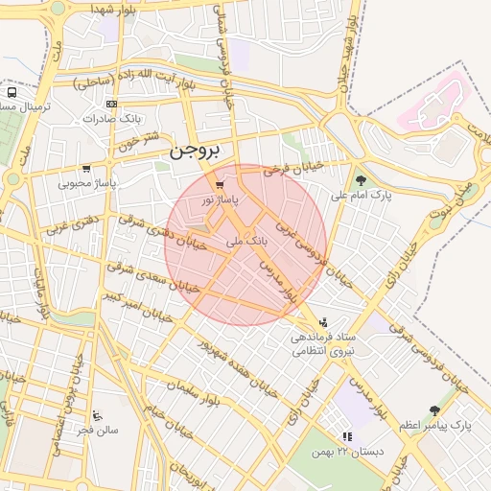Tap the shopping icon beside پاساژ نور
(x=221, y=184)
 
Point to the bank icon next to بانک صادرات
(x=112, y=104)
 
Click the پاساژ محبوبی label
(x=86, y=181)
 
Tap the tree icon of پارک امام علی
(x=361, y=179)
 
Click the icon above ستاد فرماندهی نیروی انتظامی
(x=323, y=322)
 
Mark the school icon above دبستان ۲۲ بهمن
(x=347, y=436)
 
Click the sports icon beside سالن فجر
(x=97, y=416)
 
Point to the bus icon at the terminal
(x=11, y=93)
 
